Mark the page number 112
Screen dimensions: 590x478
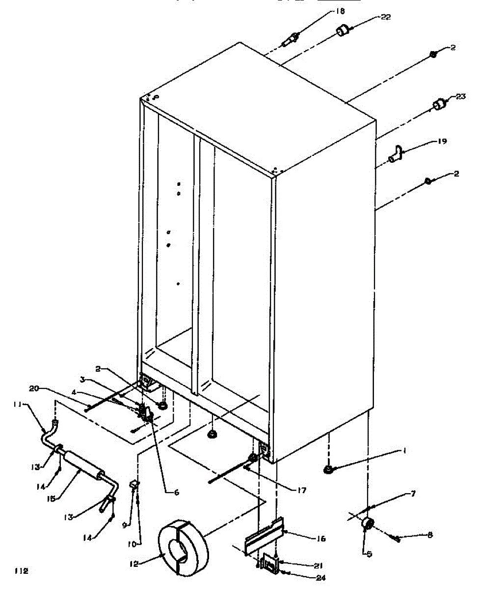[x=21, y=571]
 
